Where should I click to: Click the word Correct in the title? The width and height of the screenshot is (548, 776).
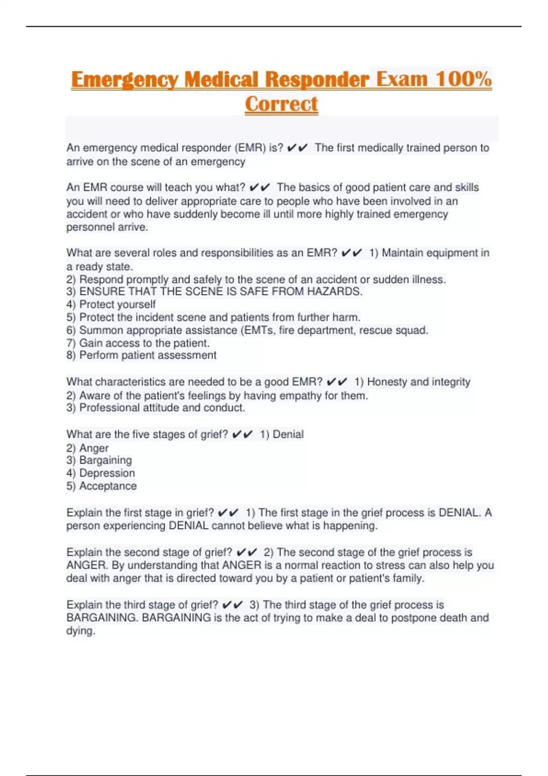281,104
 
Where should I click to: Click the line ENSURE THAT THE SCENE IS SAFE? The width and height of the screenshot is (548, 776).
221,292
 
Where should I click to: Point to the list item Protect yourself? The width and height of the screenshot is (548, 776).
117,304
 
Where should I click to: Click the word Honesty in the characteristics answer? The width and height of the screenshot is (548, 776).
387,382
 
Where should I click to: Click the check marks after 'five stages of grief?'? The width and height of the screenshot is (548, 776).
242,434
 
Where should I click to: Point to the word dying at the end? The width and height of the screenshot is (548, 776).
80,631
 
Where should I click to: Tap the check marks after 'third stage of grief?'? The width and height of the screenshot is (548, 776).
232,605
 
